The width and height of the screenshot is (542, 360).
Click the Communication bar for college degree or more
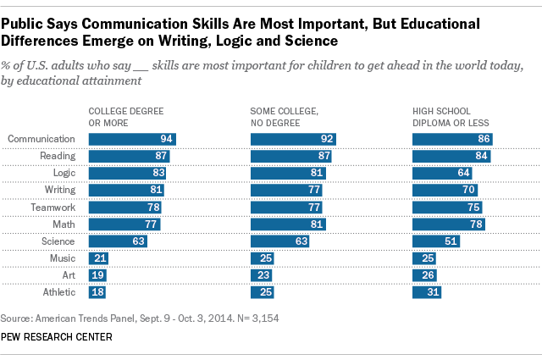[x=132, y=139]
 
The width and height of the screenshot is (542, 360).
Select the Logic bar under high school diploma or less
[x=441, y=173]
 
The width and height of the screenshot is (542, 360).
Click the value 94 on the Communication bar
[x=167, y=139]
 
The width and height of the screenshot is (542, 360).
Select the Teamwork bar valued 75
[x=446, y=207]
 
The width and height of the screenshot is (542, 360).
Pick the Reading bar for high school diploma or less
[x=451, y=156]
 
